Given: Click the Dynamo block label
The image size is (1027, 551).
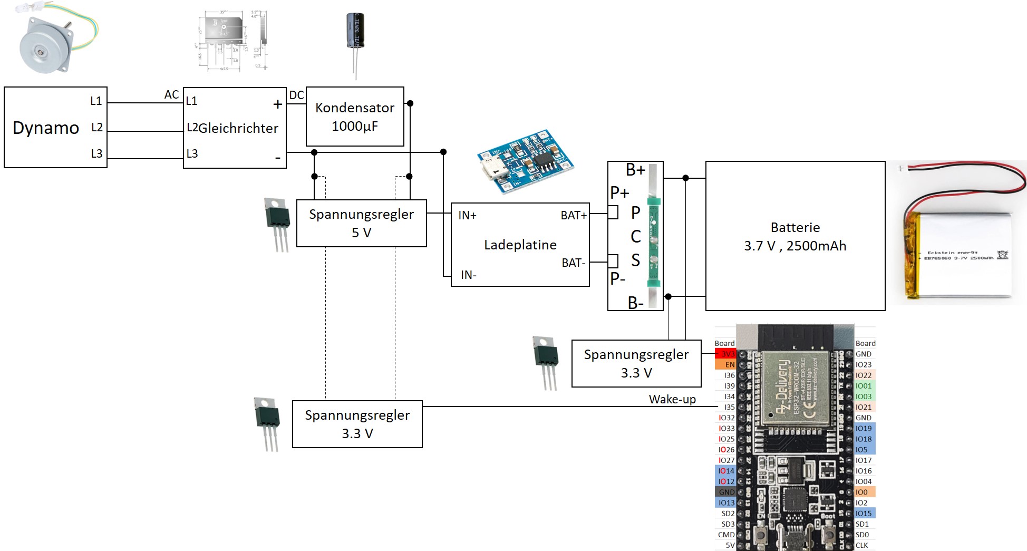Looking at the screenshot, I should coord(46,128).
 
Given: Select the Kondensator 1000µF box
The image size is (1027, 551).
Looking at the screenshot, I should coord(355,117).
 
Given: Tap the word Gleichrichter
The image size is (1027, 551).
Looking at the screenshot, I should coord(238,128).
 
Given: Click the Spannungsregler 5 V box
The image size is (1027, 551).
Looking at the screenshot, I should coord(361,223).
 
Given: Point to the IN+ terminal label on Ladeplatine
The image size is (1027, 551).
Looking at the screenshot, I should coord(467,215).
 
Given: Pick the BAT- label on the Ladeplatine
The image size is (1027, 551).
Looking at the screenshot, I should coord(573,263).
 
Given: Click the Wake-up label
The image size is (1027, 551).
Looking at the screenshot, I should coord(672,399).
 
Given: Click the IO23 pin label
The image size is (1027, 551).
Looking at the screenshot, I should coord(864,364).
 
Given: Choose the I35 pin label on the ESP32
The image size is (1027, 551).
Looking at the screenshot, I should coord(729,407).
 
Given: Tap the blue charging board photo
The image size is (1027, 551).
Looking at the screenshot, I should coord(525,161).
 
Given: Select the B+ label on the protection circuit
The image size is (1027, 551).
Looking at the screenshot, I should coord(635,170).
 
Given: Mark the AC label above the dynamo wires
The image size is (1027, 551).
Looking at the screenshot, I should coord(171,94).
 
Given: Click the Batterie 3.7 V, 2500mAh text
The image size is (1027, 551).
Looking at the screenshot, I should coord(795,237).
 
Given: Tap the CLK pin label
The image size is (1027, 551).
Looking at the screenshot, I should coord(862,545).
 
